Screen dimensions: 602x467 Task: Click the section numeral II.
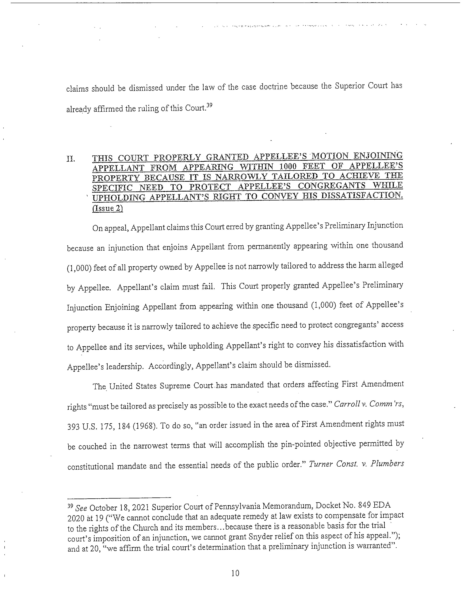pos(71,159)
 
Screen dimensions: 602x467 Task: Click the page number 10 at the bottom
pos(235,573)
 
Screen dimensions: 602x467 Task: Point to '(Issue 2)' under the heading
pos(107,208)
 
